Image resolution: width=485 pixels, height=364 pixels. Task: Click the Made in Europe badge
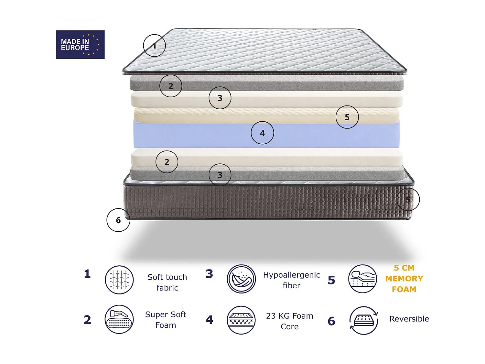pos(80,45)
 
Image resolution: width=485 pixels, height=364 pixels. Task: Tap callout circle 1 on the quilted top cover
pos(155,46)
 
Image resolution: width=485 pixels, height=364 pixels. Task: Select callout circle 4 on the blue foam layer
pos(262,133)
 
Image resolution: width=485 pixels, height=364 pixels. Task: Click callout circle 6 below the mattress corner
pos(118,220)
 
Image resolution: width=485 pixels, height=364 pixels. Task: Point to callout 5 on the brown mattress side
pos(408,199)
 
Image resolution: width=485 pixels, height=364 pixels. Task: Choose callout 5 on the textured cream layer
pos(347,117)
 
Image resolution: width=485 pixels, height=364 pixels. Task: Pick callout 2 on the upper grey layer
pos(171,86)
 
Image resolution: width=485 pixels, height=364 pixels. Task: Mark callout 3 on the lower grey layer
pos(220,175)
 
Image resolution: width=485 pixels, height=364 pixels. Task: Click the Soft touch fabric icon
pos(119,280)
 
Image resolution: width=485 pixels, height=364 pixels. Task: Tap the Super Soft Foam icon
pos(119,319)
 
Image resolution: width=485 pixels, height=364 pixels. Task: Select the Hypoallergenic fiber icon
pos(241,279)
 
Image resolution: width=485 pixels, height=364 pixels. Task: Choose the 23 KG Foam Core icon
pos(241,320)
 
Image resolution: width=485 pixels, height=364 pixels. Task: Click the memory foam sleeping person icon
pos(363,279)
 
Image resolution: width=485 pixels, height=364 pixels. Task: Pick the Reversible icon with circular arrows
pos(364,320)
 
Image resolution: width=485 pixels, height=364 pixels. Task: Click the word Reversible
pos(409,319)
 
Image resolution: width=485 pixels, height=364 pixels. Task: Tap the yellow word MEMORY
pos(404,279)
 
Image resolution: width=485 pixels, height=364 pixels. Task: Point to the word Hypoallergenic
pos(291,275)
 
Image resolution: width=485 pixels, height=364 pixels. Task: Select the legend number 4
pos(210,320)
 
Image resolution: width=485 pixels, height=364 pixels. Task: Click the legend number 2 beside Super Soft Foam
pos(88,320)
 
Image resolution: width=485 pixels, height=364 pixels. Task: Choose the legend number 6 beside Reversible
pos(331,321)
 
